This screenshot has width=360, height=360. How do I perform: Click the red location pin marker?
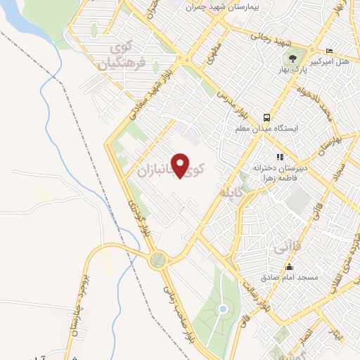coord(181,165)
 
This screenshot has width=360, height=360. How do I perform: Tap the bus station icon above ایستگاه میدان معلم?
coord(266,117)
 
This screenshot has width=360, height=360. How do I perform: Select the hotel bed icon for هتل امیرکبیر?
coord(330,51)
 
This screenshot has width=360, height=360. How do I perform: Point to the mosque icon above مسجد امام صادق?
coord(289,267)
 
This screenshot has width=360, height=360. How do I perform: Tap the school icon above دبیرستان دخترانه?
coord(279,157)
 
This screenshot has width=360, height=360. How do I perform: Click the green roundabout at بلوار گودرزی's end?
coord(158,259)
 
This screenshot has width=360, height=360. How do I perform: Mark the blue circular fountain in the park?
coord(223,309)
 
